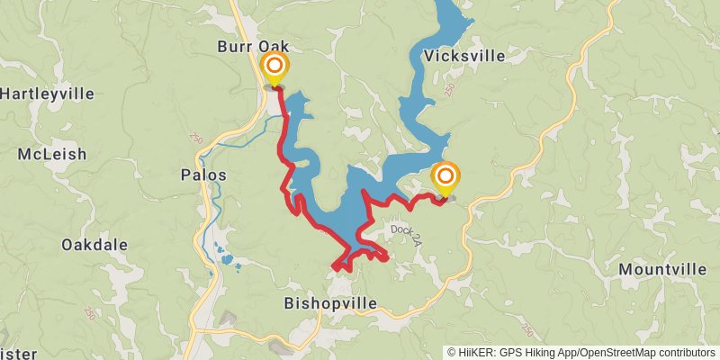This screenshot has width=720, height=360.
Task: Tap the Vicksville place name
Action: [x=462, y=56]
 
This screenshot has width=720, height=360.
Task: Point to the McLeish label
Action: [x=52, y=154]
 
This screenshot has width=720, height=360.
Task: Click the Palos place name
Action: [x=203, y=175]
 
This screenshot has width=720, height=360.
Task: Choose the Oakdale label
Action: [x=94, y=245]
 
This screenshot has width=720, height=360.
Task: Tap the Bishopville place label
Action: [x=329, y=302]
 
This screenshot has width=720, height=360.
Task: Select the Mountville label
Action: [x=662, y=269]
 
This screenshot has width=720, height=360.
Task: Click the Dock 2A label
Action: [x=406, y=230]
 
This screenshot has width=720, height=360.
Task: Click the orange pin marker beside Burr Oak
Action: [x=274, y=68]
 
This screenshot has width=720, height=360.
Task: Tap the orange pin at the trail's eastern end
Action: [x=445, y=176]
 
